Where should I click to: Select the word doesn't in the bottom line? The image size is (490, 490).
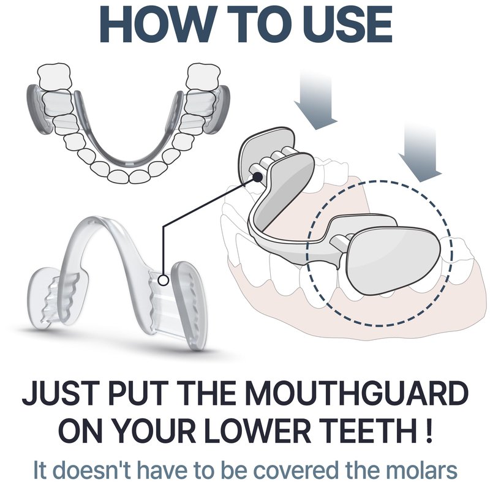tap(93, 470)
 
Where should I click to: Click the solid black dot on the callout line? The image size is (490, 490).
tap(257, 177)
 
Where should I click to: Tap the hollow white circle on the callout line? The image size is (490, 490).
tap(163, 281)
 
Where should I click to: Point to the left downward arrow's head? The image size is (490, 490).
tap(316, 115)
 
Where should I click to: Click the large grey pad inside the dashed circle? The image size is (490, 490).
tap(393, 261)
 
